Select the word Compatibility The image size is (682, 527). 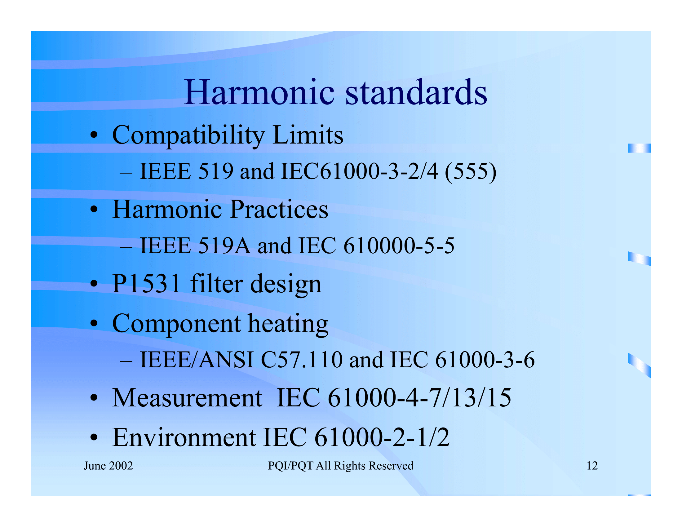(x=188, y=135)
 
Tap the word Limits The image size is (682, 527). (x=308, y=135)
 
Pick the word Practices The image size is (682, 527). (x=279, y=209)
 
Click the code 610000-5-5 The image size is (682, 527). (x=399, y=246)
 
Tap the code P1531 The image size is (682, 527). (x=146, y=283)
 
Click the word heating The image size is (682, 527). (x=288, y=324)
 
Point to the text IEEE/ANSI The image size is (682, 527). (x=197, y=360)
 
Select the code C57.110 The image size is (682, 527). (x=302, y=360)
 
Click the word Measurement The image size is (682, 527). (x=187, y=398)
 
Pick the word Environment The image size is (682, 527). (x=184, y=437)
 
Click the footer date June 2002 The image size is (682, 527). (x=108, y=466)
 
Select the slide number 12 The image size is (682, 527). (x=592, y=466)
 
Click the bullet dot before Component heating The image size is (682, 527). (x=94, y=324)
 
